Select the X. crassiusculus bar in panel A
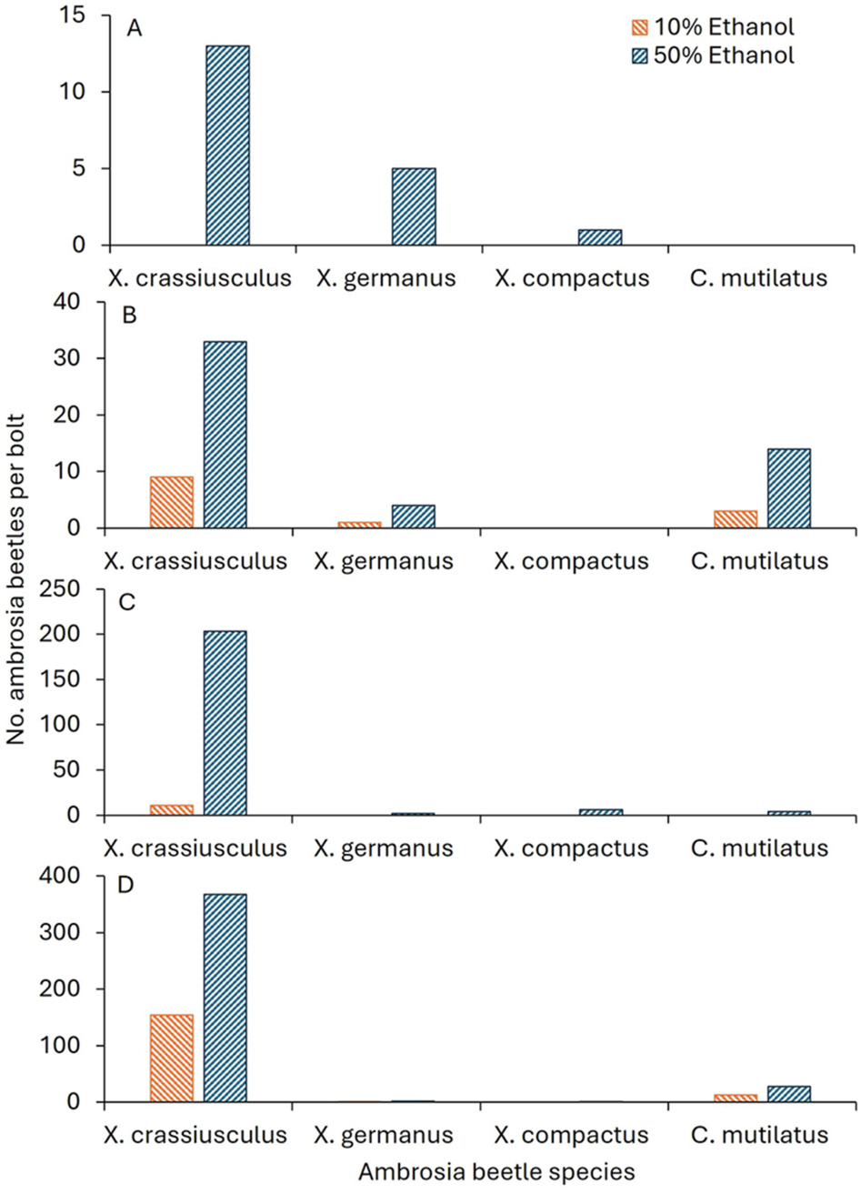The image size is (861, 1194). point(227,145)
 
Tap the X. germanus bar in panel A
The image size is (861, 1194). point(414,206)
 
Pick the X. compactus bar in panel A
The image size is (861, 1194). point(600,237)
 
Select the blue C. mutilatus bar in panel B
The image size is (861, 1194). point(788,488)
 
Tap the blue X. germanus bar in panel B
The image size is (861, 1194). point(414,517)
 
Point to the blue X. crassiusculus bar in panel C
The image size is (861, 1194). point(225,723)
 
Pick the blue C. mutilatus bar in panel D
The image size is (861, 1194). point(788,1094)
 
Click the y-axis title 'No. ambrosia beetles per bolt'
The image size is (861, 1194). point(16,577)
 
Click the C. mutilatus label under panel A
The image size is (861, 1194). point(763,277)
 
